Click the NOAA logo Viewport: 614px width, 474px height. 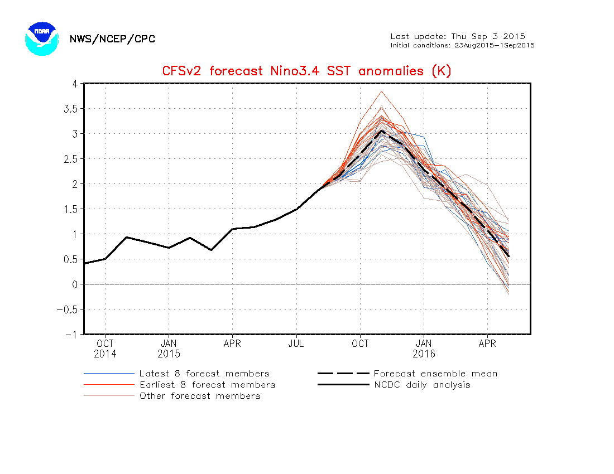[x=42, y=38]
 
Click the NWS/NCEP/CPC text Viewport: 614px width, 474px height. [x=112, y=39]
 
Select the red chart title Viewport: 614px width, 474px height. [x=306, y=71]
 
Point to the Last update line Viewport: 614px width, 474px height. [x=458, y=36]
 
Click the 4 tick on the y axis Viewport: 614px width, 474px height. [x=74, y=84]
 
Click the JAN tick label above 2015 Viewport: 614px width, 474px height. [x=169, y=344]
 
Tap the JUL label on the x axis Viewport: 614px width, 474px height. [x=296, y=344]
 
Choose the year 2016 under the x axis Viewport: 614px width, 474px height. [x=424, y=354]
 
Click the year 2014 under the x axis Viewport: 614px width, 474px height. [x=105, y=354]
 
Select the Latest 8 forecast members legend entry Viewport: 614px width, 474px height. [x=204, y=374]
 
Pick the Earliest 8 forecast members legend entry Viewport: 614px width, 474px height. [x=207, y=385]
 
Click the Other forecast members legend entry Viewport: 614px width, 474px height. [x=200, y=396]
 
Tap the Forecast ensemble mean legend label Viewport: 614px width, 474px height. [x=435, y=374]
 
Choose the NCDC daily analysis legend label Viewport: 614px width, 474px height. [x=422, y=385]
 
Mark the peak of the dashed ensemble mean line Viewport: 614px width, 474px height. [x=382, y=131]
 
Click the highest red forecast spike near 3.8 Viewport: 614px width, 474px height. [x=382, y=91]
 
